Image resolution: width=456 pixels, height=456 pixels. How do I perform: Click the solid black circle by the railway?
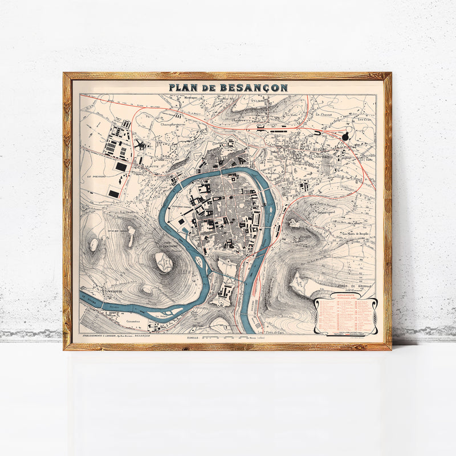point(346,136)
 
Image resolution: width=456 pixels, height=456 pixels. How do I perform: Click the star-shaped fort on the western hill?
point(164,262)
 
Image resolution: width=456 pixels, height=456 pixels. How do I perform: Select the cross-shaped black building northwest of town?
point(140,144)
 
